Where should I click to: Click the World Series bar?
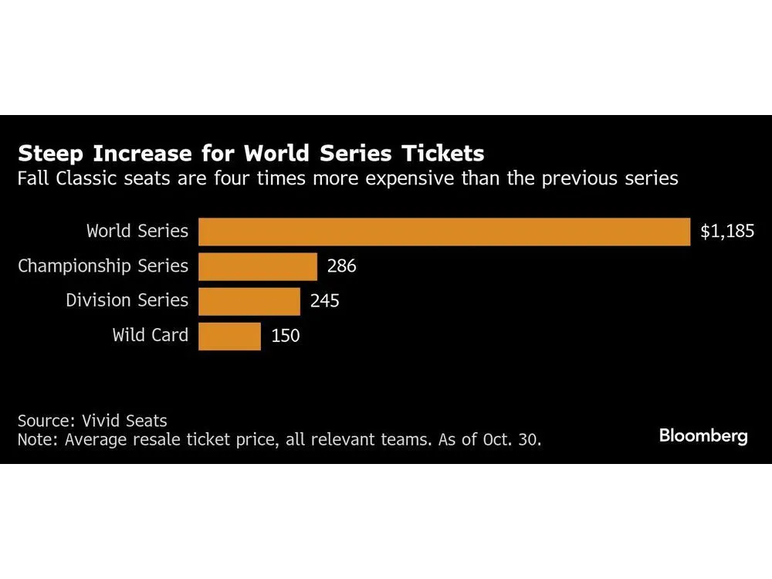[444, 232]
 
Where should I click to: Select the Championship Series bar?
[258, 266]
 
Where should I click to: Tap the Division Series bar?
[249, 301]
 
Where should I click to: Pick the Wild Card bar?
[229, 336]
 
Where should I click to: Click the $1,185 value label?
[726, 232]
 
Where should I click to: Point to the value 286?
[341, 266]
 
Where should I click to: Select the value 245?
[324, 301]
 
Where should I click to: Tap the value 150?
[285, 336]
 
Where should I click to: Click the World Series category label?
[137, 231]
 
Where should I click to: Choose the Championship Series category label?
[103, 266]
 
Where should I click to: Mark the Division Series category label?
[127, 300]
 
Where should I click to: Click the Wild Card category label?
[150, 335]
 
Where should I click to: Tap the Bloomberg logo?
[703, 436]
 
